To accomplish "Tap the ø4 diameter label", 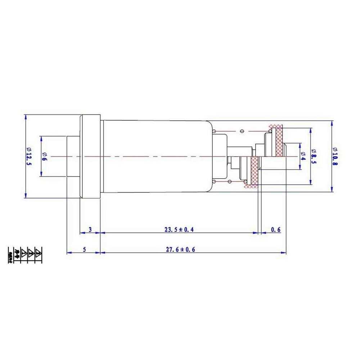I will pyautogui.click(x=303, y=156).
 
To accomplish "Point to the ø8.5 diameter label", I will pyautogui.click(x=314, y=156).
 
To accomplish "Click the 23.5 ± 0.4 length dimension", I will pyautogui.click(x=179, y=229).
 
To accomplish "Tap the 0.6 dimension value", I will pyautogui.click(x=275, y=229).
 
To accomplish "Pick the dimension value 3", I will pyautogui.click(x=90, y=229).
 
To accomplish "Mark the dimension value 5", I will pyautogui.click(x=84, y=249).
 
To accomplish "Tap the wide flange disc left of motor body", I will pyautogui.click(x=90, y=156).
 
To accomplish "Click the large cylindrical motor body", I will pyautogui.click(x=155, y=156).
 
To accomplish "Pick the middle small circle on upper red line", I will pyautogui.click(x=242, y=131).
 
